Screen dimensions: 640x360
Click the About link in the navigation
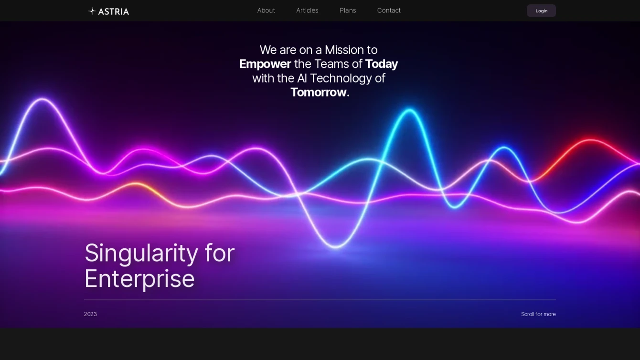(266, 11)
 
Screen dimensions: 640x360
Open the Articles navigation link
(307, 11)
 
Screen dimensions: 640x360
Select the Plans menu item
(348, 11)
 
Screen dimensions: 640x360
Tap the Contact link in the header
(389, 11)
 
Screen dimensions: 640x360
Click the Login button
(542, 11)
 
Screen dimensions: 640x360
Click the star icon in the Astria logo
(92, 11)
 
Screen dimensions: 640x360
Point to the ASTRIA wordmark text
(114, 12)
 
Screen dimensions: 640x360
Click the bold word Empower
(265, 64)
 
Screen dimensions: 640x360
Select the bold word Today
(382, 64)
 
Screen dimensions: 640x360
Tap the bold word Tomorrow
(319, 92)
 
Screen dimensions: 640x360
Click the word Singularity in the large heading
(141, 254)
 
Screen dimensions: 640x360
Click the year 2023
(90, 314)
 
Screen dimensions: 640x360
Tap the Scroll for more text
(538, 314)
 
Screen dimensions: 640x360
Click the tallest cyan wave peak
(409, 110)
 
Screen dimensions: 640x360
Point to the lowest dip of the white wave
(336, 246)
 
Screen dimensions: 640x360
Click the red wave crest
(590, 140)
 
